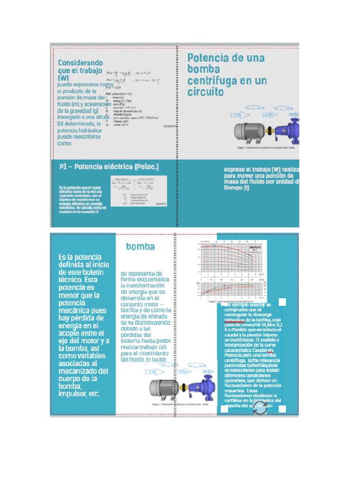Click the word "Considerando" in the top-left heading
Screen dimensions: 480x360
[x=80, y=62]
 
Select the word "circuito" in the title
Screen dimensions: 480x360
[x=206, y=92]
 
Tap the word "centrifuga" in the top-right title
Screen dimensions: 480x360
[x=214, y=81]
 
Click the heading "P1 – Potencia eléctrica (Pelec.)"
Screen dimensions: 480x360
[x=109, y=166]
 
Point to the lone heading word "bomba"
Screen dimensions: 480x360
[x=140, y=246]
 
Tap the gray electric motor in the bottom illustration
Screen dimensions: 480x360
[x=162, y=388]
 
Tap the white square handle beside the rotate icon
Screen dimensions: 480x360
[x=282, y=409]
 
